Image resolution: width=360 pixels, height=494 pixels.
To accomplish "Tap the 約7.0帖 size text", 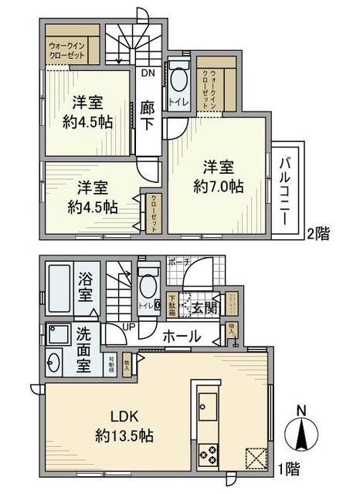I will coord(213,186).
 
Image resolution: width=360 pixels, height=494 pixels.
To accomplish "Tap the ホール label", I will coord(182,336).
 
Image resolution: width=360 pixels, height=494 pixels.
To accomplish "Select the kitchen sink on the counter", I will coord(209,405).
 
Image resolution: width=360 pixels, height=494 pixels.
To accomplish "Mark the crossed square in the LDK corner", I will coord(254,458).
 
